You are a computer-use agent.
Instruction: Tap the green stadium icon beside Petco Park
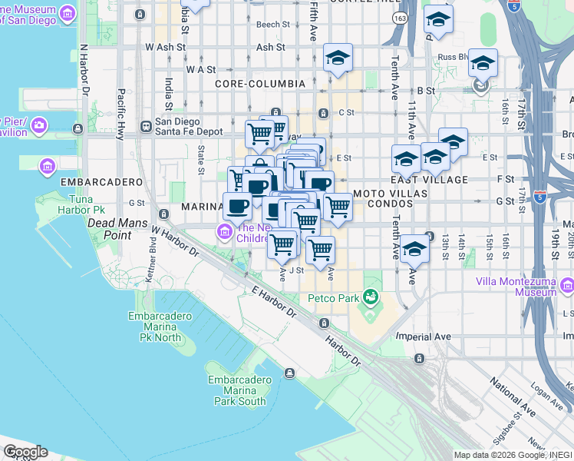tap(371, 296)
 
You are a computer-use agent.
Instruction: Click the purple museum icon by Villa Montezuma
tap(566, 287)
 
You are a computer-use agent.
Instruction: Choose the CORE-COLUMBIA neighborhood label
tap(260, 83)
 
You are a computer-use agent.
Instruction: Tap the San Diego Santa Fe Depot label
tap(189, 127)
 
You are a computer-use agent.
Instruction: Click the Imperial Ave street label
tap(423, 336)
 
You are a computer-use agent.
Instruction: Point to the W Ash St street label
tap(165, 47)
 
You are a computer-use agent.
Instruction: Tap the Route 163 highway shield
tap(399, 17)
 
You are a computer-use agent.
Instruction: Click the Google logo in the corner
tap(25, 452)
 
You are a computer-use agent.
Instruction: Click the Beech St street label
tap(273, 25)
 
